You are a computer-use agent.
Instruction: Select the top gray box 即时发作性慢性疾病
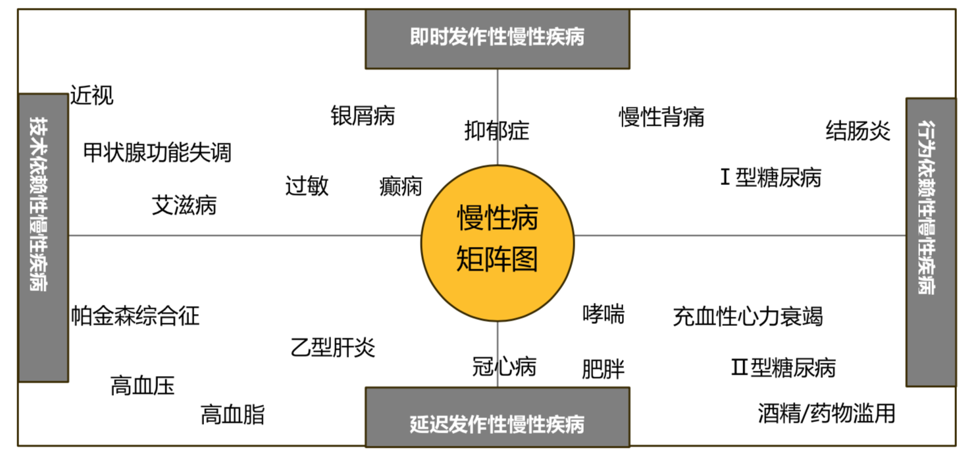497,38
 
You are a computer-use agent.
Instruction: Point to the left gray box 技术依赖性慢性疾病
43,237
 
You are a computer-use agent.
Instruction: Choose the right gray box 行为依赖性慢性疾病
930,242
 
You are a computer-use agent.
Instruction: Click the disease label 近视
92,96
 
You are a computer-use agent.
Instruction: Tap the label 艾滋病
184,206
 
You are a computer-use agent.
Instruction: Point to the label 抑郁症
497,131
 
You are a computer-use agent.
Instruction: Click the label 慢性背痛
661,117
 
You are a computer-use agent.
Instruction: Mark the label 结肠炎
858,131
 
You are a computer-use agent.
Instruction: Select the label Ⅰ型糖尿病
771,178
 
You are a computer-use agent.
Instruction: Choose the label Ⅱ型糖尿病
783,367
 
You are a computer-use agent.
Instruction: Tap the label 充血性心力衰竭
748,317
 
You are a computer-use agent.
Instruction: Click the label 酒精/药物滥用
827,414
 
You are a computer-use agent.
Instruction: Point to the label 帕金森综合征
136,316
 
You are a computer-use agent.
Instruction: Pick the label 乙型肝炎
333,347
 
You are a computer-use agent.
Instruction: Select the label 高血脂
232,415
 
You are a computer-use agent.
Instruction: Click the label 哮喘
604,314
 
